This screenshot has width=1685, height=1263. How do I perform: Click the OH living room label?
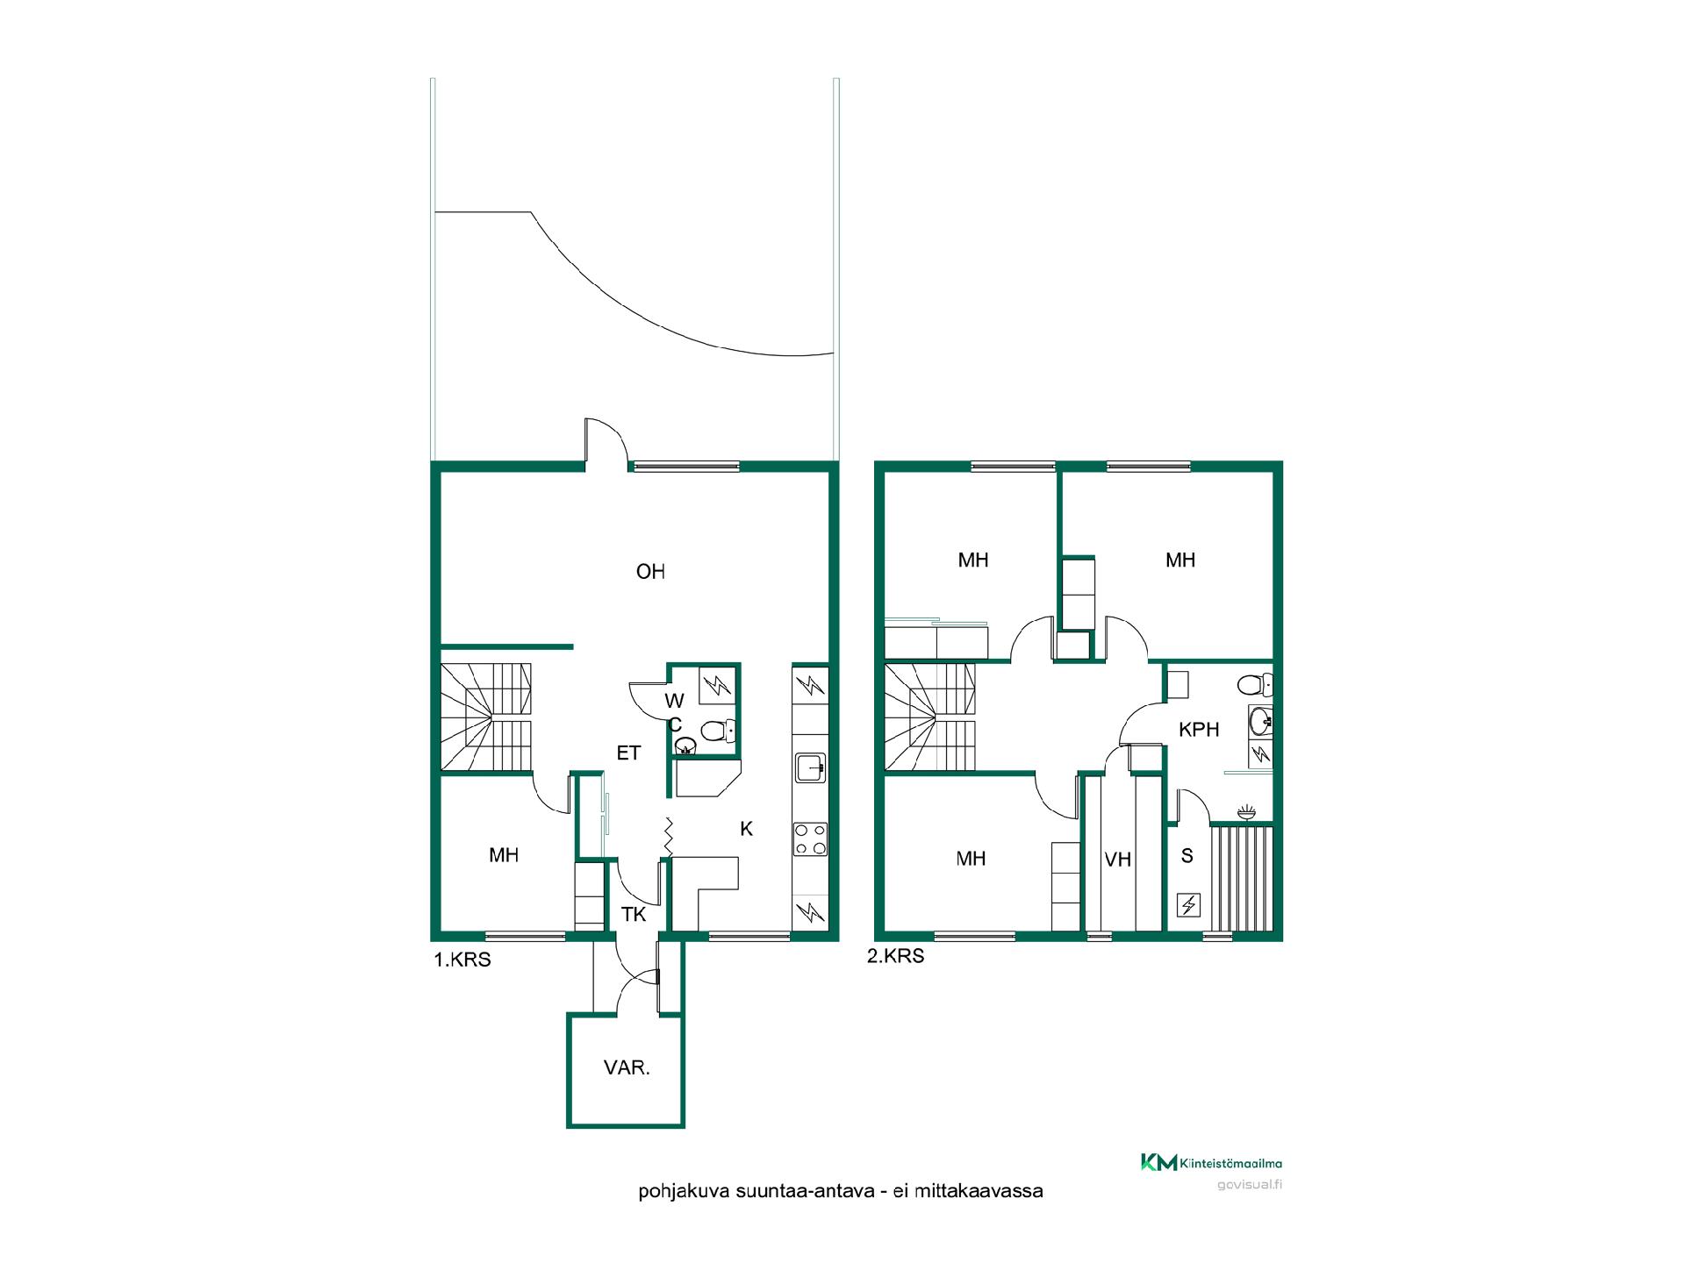650,572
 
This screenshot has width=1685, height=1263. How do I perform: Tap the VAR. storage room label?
627,1068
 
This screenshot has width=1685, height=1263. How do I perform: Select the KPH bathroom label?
1199,729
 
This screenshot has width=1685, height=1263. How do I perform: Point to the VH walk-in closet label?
1118,860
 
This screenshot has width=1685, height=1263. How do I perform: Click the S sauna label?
1187,856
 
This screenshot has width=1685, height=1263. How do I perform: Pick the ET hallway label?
628,753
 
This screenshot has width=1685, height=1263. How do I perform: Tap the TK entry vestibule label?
634,915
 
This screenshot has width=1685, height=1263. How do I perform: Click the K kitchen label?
747,829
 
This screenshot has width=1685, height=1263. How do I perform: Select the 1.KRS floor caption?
462,960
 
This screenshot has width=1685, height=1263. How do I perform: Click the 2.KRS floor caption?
896,956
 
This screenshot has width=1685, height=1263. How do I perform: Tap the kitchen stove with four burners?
810,838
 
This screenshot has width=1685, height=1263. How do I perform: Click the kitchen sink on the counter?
810,767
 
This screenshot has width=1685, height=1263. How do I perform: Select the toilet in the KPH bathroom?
1255,684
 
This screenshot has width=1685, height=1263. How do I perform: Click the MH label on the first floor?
504,855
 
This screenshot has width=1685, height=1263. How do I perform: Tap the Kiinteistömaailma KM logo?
1211,1163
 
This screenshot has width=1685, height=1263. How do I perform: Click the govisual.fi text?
1250,1186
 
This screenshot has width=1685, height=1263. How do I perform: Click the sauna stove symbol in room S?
1188,905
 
